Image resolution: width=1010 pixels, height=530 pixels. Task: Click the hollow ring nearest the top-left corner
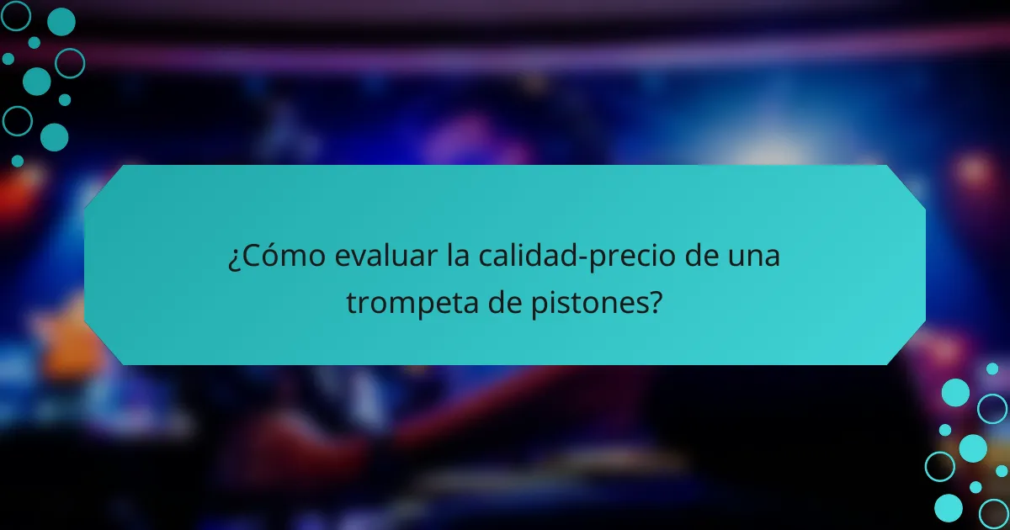pyautogui.click(x=16, y=15)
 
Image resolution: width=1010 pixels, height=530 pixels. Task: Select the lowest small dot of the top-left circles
pyautogui.click(x=18, y=161)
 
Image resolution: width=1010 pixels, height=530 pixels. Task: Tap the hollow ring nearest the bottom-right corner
pyautogui.click(x=994, y=513)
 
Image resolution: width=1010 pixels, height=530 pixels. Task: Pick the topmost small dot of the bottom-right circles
pyautogui.click(x=992, y=368)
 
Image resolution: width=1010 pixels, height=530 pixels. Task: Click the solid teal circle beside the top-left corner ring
pyautogui.click(x=61, y=22)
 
